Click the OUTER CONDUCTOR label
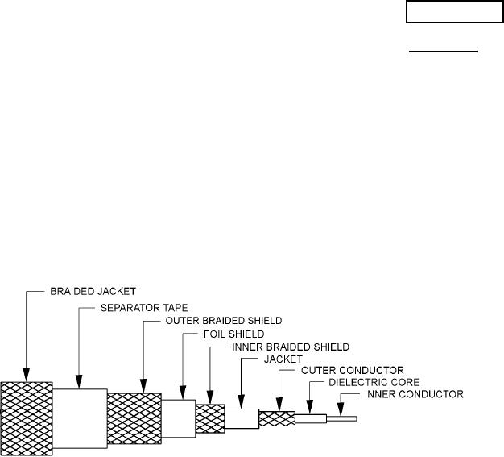329,371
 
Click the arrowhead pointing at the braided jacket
27,374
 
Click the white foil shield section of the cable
178,418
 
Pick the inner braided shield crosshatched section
210,418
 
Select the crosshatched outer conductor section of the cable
276,419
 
